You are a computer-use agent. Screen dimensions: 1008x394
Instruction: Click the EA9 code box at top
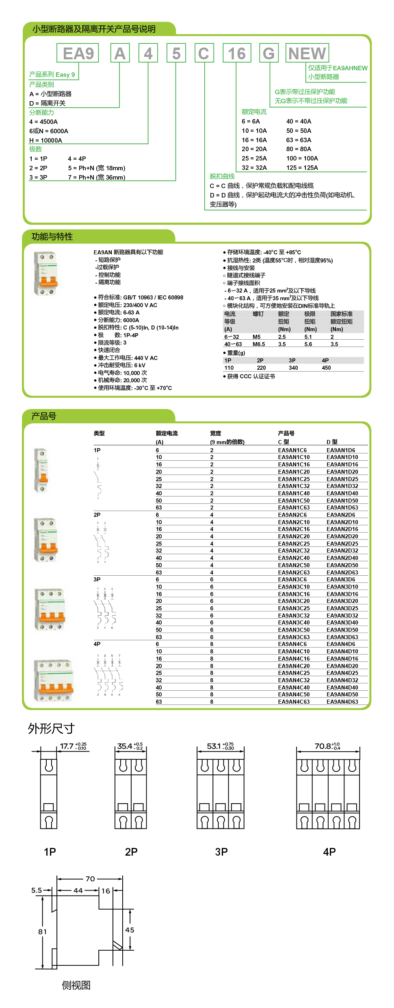pyautogui.click(x=78, y=53)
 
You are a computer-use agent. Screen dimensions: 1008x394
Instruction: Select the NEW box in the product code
pyautogui.click(x=307, y=53)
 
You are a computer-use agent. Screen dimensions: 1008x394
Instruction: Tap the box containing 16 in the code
pyautogui.click(x=237, y=53)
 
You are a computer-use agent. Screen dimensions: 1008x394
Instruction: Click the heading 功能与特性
pyautogui.click(x=52, y=236)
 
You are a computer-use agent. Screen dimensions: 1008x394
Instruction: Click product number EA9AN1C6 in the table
pyautogui.click(x=292, y=450)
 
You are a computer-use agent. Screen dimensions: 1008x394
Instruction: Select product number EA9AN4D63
pyautogui.click(x=342, y=702)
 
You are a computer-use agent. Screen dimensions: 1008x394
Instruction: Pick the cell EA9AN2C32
pyautogui.click(x=294, y=551)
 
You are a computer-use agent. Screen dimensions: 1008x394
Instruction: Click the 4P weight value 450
pyautogui.click(x=326, y=368)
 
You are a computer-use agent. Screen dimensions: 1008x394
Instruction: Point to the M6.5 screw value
pyautogui.click(x=259, y=344)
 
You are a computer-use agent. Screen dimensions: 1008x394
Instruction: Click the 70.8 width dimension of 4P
pyautogui.click(x=323, y=746)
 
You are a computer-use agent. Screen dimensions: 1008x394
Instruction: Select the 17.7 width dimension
pyautogui.click(x=67, y=746)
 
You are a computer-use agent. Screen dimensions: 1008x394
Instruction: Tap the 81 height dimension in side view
pyautogui.click(x=42, y=932)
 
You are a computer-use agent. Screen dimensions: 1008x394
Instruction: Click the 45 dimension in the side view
pyautogui.click(x=130, y=930)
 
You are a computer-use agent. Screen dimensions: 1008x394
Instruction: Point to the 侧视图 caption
pyautogui.click(x=76, y=985)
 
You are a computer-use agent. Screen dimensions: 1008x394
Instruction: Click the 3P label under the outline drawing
pyautogui.click(x=221, y=852)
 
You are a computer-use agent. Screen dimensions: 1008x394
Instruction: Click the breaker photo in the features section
pyautogui.click(x=45, y=273)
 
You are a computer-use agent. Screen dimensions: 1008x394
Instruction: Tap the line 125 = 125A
pyautogui.click(x=302, y=167)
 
